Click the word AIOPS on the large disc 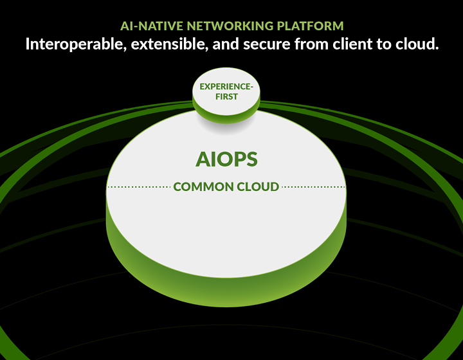(x=226, y=159)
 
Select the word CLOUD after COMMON (x=258, y=187)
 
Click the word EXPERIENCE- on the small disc (x=226, y=86)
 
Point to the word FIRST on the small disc (x=226, y=96)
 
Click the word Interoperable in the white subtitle (x=76, y=44)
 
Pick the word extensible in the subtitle (x=170, y=44)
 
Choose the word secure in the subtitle (x=267, y=45)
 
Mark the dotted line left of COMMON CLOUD (x=139, y=187)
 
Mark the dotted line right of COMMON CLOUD (x=313, y=187)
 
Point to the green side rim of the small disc (x=226, y=119)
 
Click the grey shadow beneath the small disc (x=226, y=127)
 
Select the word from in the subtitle (x=311, y=44)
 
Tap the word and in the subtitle (x=226, y=44)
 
